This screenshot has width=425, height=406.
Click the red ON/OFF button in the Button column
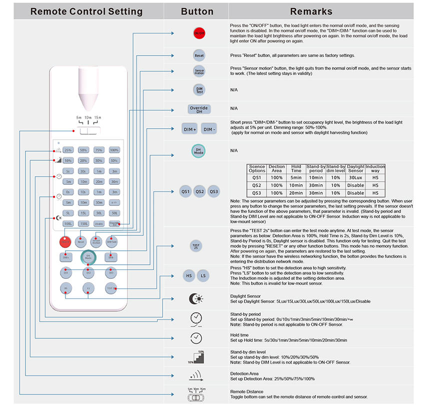199,34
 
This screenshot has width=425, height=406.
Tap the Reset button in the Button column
199,55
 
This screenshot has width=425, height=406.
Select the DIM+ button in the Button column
189,129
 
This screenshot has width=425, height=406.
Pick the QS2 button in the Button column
199,191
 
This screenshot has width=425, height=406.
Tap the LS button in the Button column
203,275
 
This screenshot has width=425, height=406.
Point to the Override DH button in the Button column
199,109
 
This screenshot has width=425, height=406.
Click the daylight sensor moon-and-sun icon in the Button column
196,299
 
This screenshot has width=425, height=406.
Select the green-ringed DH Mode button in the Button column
198,151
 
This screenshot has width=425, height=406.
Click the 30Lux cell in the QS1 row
355,177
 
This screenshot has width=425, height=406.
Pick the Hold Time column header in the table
296,169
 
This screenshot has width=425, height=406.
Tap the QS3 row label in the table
257,193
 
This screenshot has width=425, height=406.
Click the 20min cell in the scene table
296,193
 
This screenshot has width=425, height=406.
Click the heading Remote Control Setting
86,12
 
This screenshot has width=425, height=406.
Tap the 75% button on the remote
99,150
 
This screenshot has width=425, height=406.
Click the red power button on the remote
64,241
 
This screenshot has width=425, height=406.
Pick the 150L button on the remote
83,223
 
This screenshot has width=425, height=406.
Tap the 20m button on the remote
99,181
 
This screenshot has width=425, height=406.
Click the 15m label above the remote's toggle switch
98,117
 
